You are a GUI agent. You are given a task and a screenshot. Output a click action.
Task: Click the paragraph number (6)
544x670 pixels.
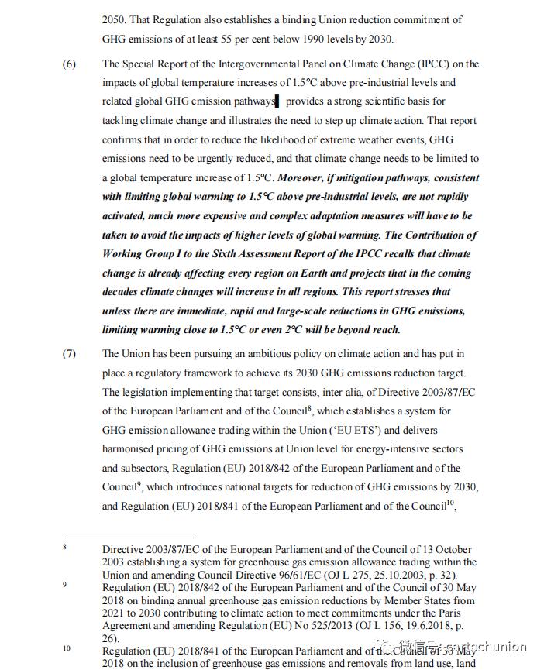(69, 64)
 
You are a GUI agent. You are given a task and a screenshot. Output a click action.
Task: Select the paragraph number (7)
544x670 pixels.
(69, 354)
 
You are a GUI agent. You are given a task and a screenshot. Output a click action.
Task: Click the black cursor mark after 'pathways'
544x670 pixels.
(277, 101)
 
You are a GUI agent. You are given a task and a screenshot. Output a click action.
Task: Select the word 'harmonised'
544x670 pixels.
(132, 449)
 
